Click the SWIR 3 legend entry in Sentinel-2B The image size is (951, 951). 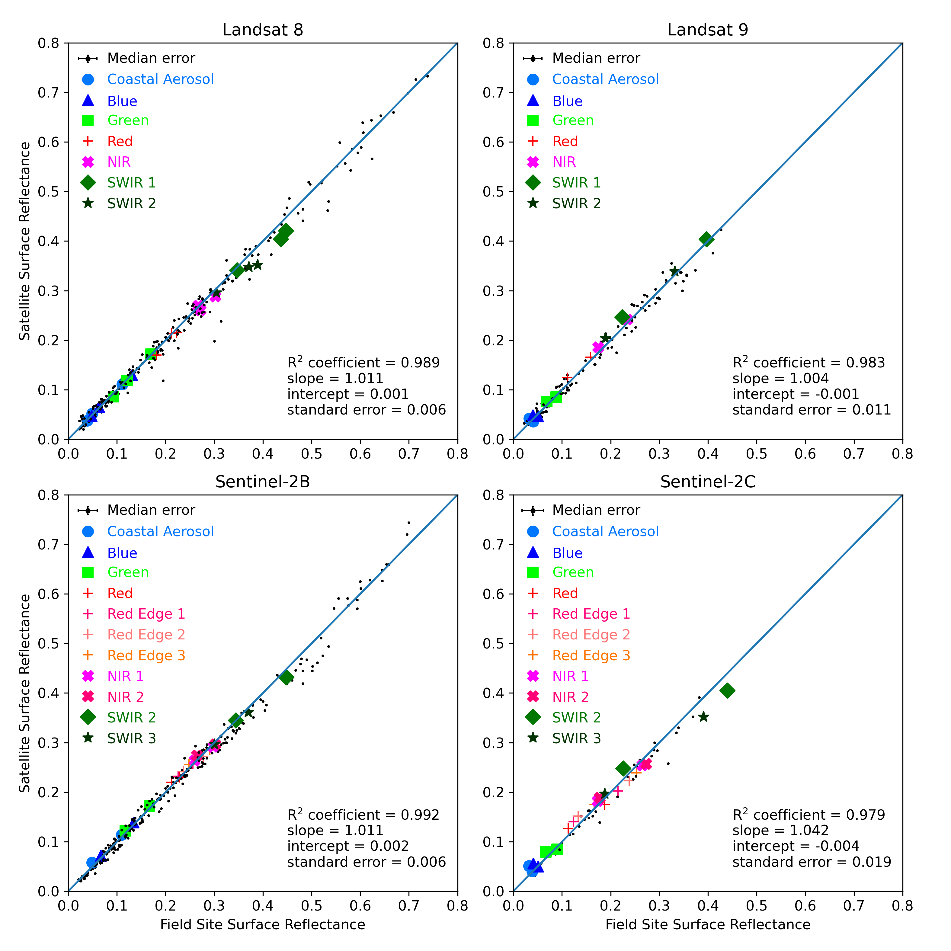point(131,738)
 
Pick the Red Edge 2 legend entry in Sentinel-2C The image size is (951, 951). point(591,635)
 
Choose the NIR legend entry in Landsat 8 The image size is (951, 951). point(119,162)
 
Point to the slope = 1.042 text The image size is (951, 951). point(780,831)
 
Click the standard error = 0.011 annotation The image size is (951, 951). point(811,410)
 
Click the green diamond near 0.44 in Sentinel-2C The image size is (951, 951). point(727,691)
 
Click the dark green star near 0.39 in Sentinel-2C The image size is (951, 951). point(703,717)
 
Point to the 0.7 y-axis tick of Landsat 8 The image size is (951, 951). point(48,93)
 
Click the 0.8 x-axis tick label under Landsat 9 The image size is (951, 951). point(902,454)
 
